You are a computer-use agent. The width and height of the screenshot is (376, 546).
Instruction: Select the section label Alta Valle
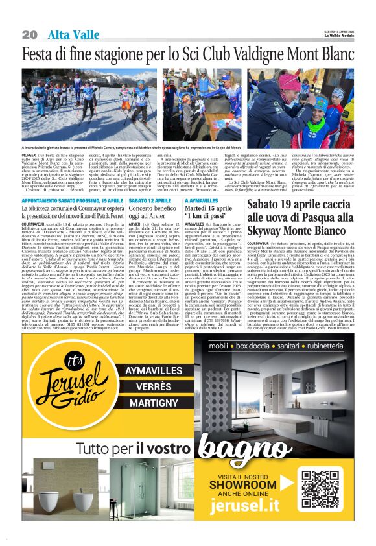point(68,34)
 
